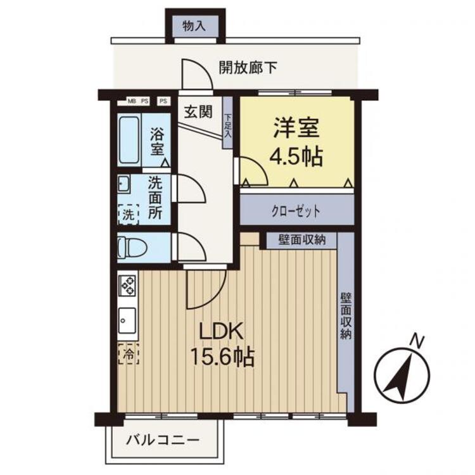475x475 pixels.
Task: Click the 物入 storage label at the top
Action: coord(195,27)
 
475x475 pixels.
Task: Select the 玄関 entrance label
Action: coord(198,112)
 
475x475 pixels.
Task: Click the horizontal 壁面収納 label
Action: coord(301,240)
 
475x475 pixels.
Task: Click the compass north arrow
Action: coord(401,377)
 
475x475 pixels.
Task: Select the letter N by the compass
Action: coord(416,342)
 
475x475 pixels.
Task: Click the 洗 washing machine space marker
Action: coord(129,213)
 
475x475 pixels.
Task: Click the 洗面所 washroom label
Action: coord(156,198)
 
